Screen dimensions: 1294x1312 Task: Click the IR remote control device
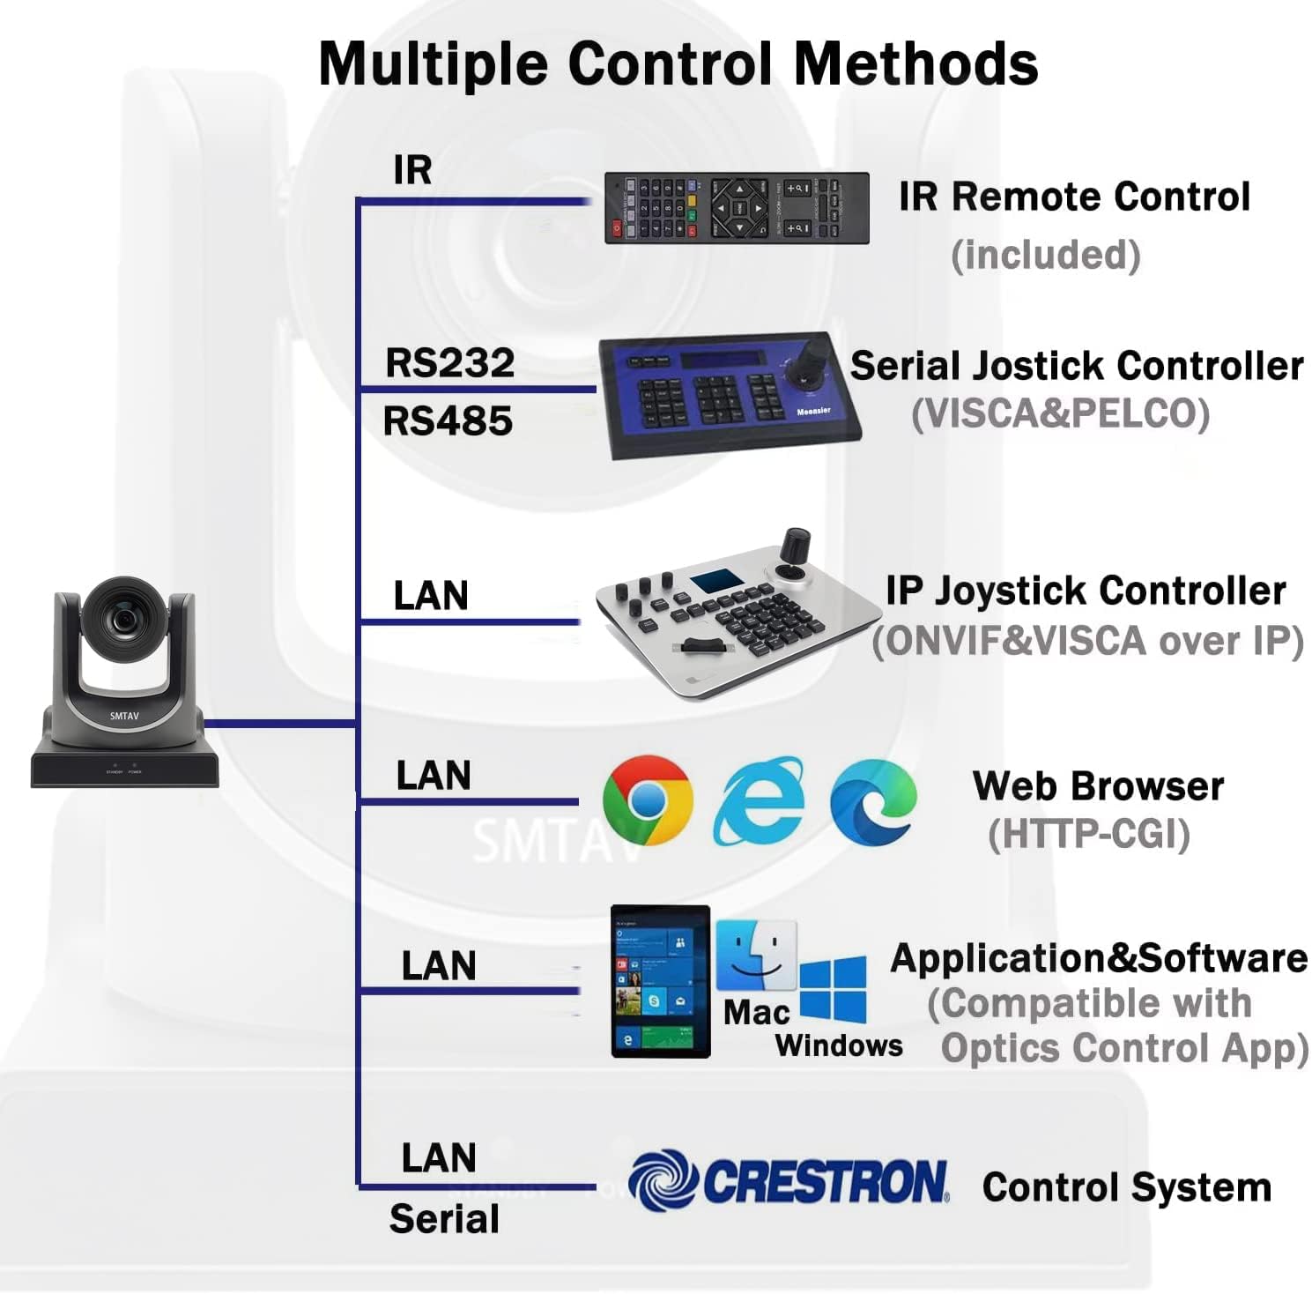click(736, 208)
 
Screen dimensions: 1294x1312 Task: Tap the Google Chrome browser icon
click(647, 800)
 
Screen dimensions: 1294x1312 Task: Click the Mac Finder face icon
click(755, 956)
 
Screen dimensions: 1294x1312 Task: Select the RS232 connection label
click(449, 363)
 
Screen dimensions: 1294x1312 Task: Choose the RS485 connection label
click(448, 420)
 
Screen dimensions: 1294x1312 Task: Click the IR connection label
click(412, 169)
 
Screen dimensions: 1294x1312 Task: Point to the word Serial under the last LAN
click(444, 1219)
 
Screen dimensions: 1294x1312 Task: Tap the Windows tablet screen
click(660, 981)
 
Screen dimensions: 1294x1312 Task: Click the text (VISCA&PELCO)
click(1060, 413)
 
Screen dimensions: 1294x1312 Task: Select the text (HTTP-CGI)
click(1088, 834)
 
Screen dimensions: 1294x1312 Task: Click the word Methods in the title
click(915, 63)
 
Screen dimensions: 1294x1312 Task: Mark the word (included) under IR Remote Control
click(1046, 255)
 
